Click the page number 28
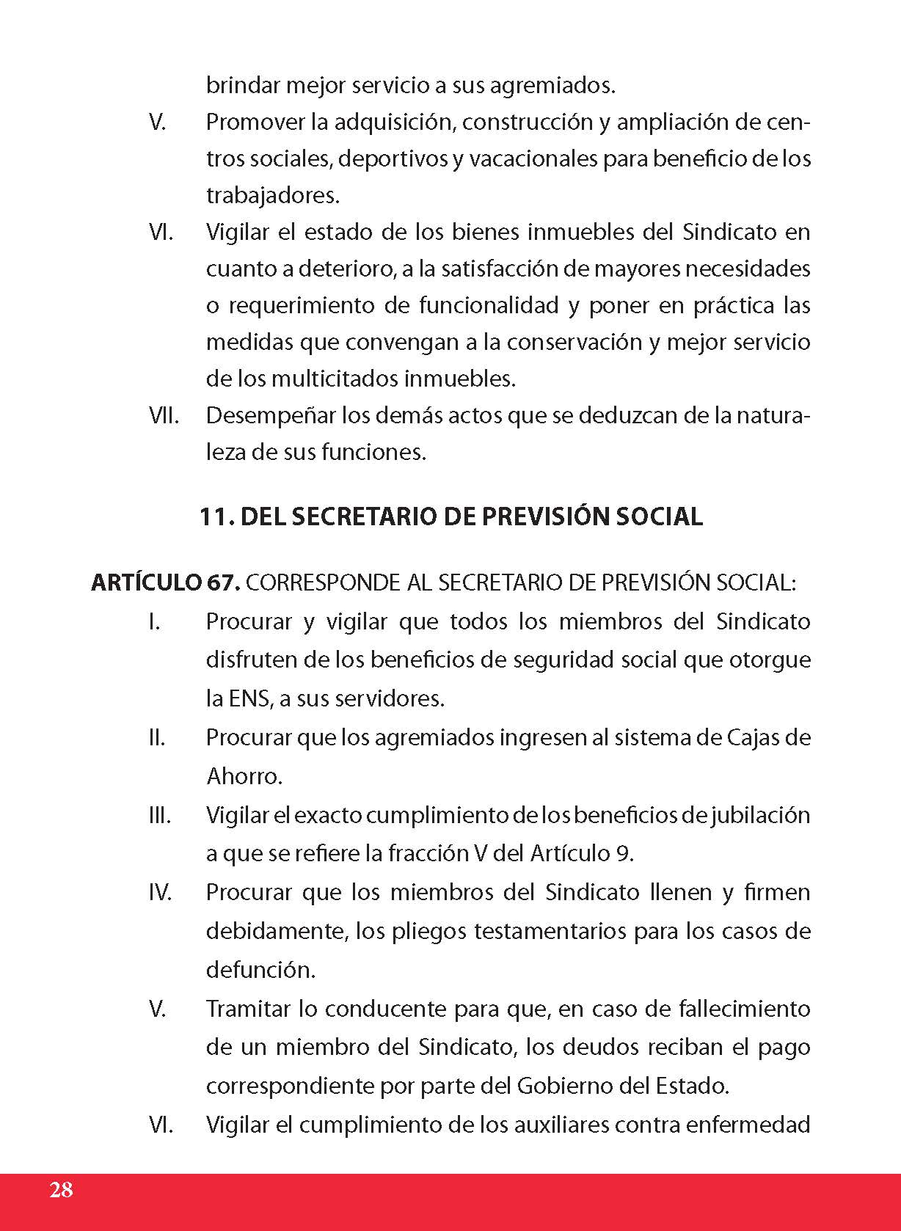click(x=62, y=1189)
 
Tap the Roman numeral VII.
click(x=164, y=415)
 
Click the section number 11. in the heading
click(x=216, y=516)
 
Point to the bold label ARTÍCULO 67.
click(x=165, y=582)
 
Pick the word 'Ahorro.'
click(x=244, y=775)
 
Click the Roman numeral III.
click(x=159, y=815)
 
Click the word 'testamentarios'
click(x=550, y=931)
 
